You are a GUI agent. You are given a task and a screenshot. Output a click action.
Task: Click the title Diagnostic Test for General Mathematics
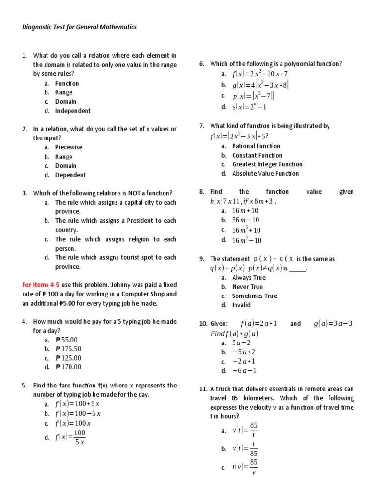(79, 27)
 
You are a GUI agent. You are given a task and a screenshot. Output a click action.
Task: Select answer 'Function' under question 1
(67, 83)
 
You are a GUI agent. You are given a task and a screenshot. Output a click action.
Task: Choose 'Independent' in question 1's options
(73, 111)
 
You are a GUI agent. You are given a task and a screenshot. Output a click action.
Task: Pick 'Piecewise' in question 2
(69, 147)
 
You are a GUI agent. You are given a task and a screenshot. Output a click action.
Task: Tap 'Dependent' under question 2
(70, 175)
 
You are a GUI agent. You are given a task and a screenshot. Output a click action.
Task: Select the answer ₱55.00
(67, 340)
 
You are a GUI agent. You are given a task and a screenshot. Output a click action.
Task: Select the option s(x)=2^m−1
(249, 107)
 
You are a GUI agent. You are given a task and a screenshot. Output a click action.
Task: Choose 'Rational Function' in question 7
(256, 146)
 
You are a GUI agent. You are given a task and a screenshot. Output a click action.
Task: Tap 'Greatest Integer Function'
(267, 164)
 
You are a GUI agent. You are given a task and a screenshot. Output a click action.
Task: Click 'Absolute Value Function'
(265, 173)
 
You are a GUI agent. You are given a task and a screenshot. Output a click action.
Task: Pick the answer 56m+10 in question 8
(245, 210)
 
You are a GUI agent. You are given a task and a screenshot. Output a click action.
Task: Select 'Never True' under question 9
(247, 287)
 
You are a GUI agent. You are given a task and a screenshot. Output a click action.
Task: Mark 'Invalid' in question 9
(241, 305)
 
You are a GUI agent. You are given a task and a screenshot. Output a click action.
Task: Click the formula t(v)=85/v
(245, 467)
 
